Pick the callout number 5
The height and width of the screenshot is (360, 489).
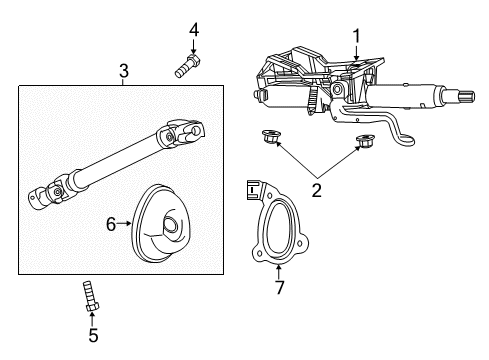(x=93, y=335)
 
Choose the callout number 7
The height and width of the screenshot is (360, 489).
(x=279, y=290)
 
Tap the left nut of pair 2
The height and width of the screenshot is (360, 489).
(x=269, y=139)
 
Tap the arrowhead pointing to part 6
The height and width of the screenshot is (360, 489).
(x=130, y=225)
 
